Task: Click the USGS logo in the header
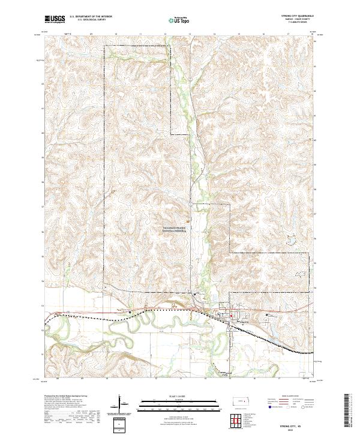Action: [54, 19]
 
